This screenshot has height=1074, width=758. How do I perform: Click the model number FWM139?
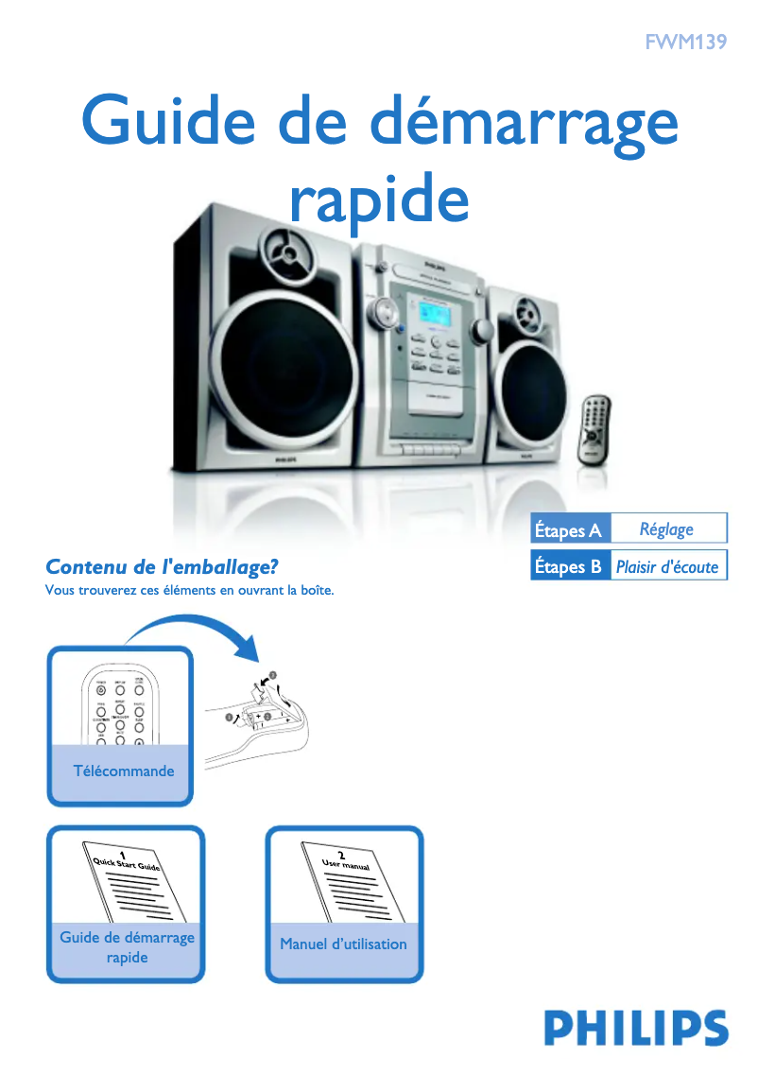point(685,42)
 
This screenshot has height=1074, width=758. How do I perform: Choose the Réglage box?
point(667,528)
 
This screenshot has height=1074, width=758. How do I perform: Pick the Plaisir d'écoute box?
point(667,566)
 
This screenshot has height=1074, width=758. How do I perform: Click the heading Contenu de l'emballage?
point(162,566)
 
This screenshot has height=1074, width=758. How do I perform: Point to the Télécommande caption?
point(124,771)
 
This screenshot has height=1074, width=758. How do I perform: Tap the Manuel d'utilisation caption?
point(343,944)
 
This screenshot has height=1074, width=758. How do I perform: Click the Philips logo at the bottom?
point(635,1029)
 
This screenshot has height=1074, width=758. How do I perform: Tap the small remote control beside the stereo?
point(594,428)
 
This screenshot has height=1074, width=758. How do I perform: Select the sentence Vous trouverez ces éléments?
point(190,592)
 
